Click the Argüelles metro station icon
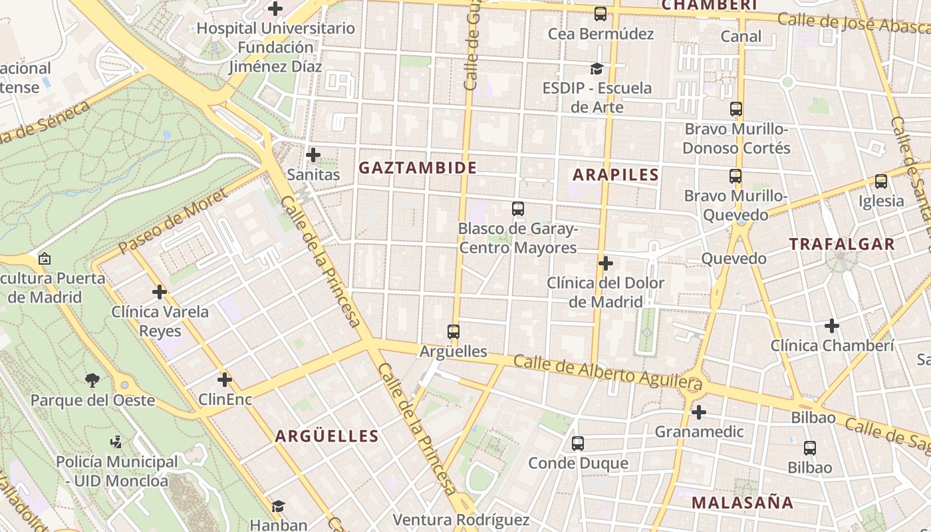coord(454,331)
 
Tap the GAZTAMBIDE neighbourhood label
coord(418,168)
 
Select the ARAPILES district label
coord(616,175)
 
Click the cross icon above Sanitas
coord(313,155)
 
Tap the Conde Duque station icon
coord(578,443)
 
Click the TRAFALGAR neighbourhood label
coord(842,244)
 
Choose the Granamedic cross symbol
coord(698,412)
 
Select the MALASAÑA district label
coord(742,502)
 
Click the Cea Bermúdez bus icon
coord(600,13)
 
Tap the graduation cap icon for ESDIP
coord(597,68)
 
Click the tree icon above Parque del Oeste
coord(92,380)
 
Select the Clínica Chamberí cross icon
coord(831,326)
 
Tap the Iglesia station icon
coord(881,181)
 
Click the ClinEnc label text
coord(225,400)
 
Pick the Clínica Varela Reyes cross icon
coord(160,292)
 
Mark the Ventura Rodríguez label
coord(461,519)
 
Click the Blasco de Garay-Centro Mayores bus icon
coord(518,209)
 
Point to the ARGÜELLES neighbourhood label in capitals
coord(327,436)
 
